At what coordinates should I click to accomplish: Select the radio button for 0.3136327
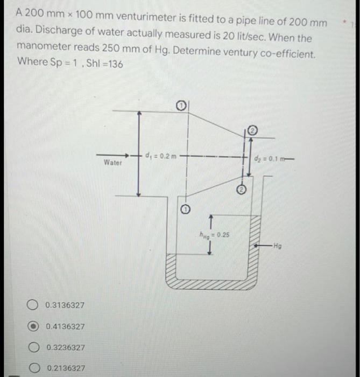(33, 305)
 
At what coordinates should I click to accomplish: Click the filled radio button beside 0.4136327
(33, 326)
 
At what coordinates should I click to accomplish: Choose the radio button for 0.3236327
(33, 347)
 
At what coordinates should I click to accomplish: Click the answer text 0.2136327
(66, 368)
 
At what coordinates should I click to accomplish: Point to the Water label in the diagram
(113, 162)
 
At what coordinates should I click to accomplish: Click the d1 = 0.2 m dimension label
(161, 156)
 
